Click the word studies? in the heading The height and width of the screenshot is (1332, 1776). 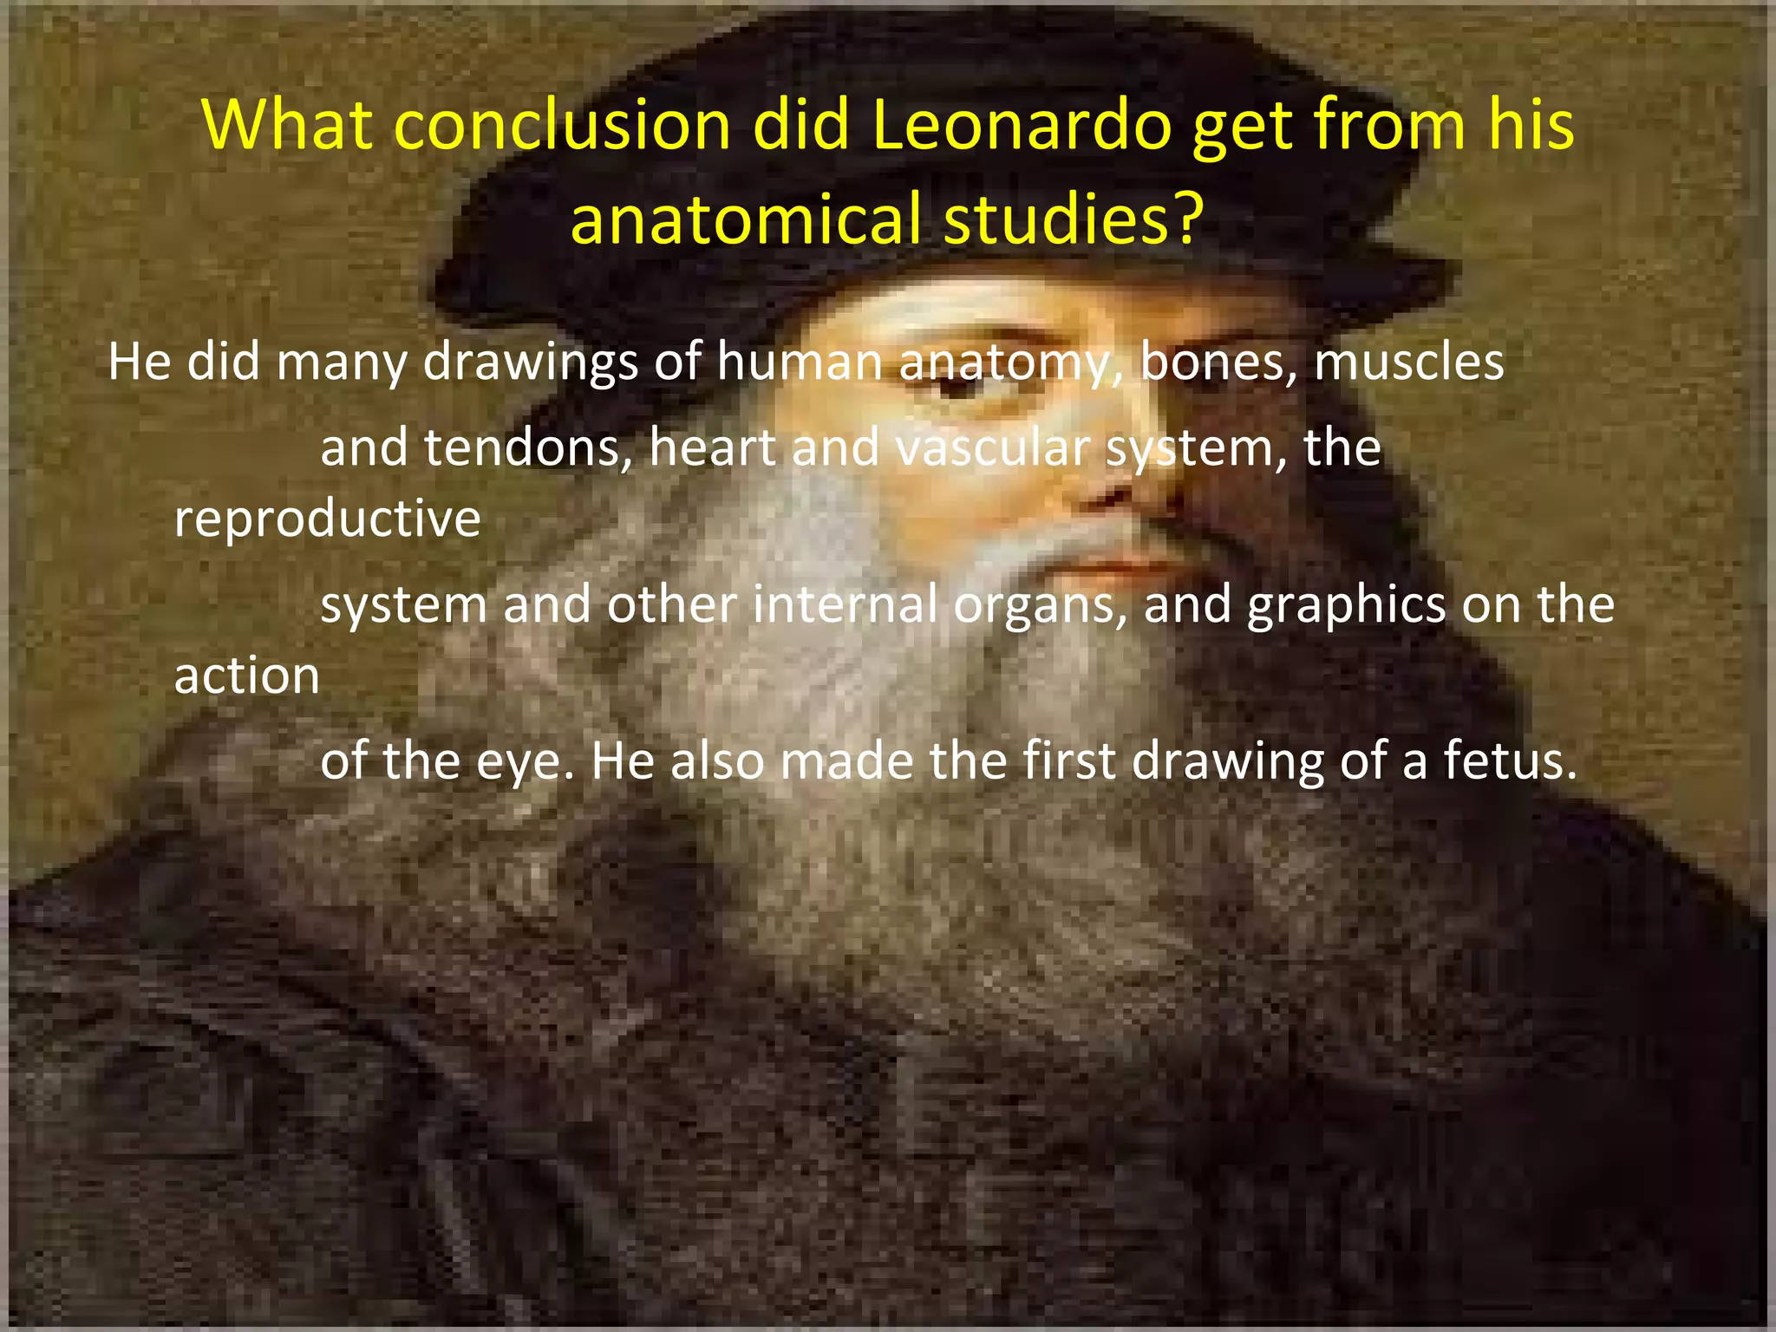[x=1074, y=219]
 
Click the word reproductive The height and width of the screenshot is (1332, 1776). [x=327, y=519]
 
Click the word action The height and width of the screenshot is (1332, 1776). [x=247, y=676]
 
